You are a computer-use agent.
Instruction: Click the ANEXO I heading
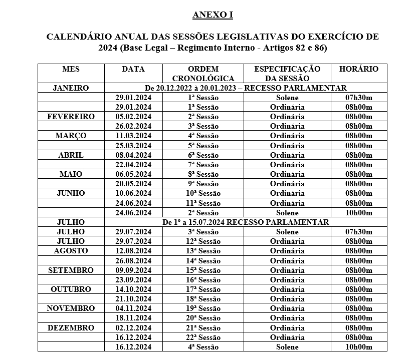(x=213, y=15)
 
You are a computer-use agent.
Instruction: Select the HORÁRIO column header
(x=359, y=69)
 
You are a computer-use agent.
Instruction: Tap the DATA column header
(x=133, y=69)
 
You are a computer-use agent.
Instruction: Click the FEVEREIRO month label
(x=71, y=117)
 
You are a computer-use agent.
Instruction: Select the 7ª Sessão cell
(x=203, y=165)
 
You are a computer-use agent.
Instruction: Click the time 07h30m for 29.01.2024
(x=359, y=98)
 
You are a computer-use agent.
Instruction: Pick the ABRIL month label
(x=71, y=155)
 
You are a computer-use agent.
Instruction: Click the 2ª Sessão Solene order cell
(x=203, y=213)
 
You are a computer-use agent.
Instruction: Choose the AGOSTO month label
(x=71, y=251)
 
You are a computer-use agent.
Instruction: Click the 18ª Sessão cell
(x=203, y=299)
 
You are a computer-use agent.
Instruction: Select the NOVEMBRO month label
(x=71, y=308)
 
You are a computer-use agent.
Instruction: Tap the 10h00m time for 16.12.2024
(x=359, y=347)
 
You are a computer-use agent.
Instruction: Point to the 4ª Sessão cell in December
(x=203, y=347)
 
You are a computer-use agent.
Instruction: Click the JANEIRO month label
(x=71, y=88)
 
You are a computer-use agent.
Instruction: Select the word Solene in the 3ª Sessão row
(x=287, y=232)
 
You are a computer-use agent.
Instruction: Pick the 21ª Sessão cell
(x=203, y=328)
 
